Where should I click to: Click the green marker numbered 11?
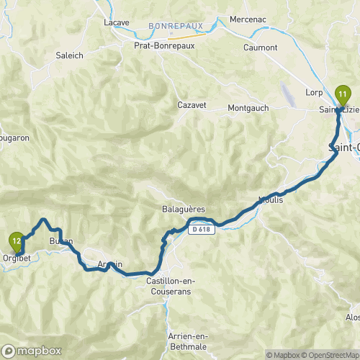(x=343, y=94)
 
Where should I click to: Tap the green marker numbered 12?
(x=17, y=239)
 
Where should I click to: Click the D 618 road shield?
(x=202, y=230)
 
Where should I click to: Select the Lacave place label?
(x=117, y=22)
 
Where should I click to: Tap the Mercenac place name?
(x=248, y=19)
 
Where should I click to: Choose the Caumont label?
(x=261, y=48)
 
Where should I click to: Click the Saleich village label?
(x=69, y=55)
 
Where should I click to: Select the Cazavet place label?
(x=192, y=105)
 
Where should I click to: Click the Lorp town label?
(x=314, y=92)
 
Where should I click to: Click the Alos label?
(x=353, y=317)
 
